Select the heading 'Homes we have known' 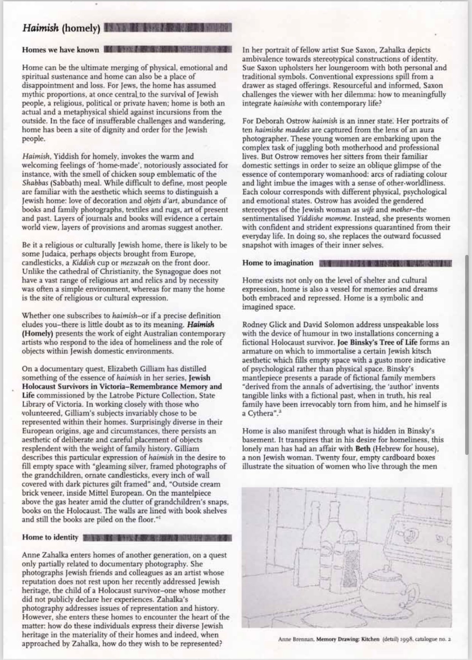click(x=60, y=50)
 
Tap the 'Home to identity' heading click(x=50, y=537)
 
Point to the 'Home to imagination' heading click(x=278, y=263)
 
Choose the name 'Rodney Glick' click(x=261, y=324)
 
